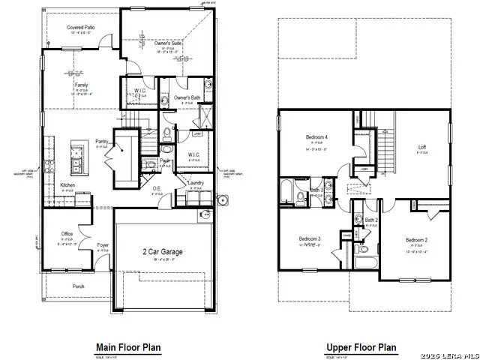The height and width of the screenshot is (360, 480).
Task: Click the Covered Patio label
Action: (x=79, y=27)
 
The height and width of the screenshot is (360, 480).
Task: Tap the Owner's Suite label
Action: (x=169, y=44)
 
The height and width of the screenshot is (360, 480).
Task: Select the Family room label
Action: (x=80, y=85)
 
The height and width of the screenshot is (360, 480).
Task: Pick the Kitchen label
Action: (x=67, y=184)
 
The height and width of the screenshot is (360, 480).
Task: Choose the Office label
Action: (x=67, y=233)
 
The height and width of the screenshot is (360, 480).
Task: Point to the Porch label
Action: (x=77, y=286)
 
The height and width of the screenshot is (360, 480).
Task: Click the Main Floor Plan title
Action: (x=127, y=347)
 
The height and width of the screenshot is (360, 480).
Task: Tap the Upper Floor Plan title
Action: (x=361, y=347)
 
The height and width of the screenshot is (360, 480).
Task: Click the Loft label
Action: (x=421, y=146)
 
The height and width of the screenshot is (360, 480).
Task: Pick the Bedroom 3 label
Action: (x=309, y=238)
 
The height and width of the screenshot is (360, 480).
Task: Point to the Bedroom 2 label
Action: (x=416, y=239)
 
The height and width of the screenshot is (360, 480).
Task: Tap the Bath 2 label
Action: (x=370, y=220)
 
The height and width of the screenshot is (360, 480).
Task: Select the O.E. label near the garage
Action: (x=157, y=188)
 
